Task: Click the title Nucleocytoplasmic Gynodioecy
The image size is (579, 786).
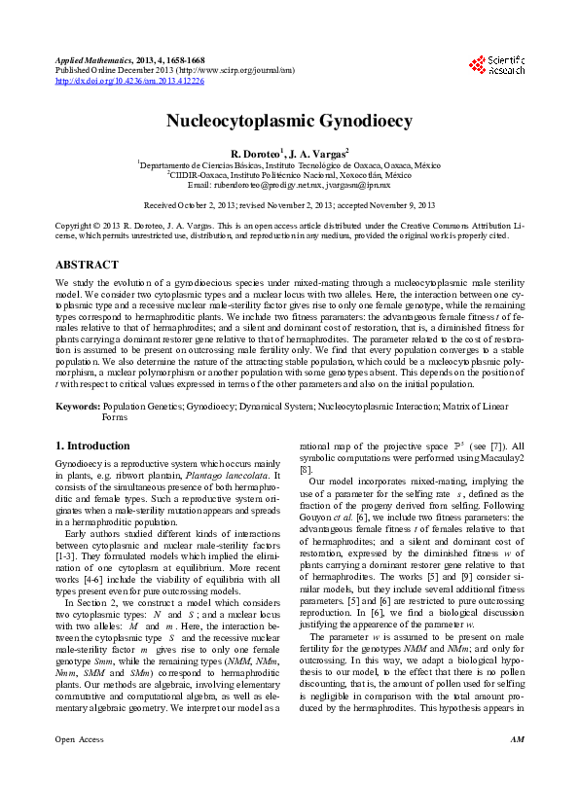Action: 289,122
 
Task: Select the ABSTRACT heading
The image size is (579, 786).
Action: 87,265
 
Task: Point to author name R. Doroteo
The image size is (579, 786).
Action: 255,154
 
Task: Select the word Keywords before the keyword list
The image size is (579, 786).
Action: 77,404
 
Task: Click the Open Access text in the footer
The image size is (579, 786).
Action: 79,767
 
